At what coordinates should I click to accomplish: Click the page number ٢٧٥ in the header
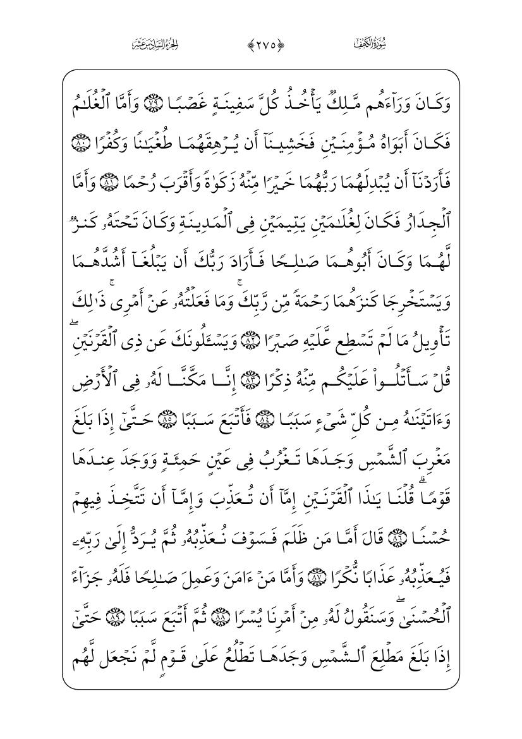[x=261, y=45]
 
